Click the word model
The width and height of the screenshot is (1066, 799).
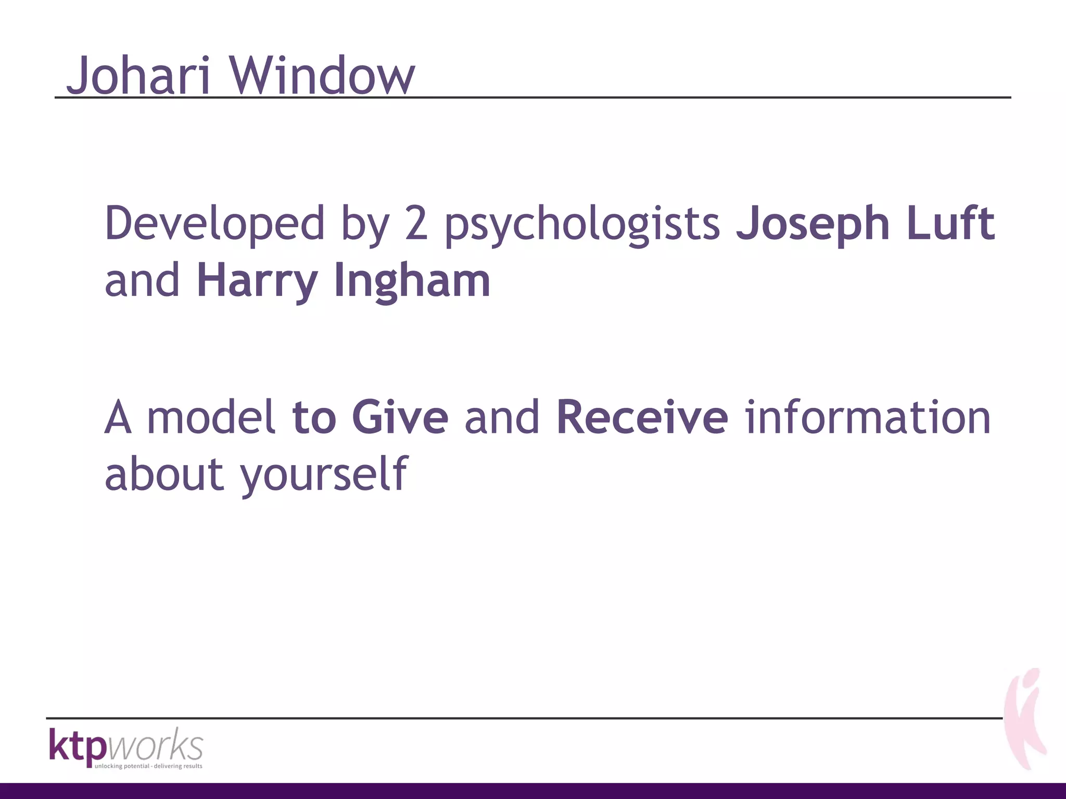211,418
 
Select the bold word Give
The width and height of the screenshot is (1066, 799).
400,418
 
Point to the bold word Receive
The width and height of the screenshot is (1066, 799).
642,418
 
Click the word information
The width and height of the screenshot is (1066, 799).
868,418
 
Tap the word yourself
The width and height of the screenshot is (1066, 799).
324,474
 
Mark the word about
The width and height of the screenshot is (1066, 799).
164,474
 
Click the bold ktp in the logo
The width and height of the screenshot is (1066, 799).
78,745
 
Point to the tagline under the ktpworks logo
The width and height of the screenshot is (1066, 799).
148,766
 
